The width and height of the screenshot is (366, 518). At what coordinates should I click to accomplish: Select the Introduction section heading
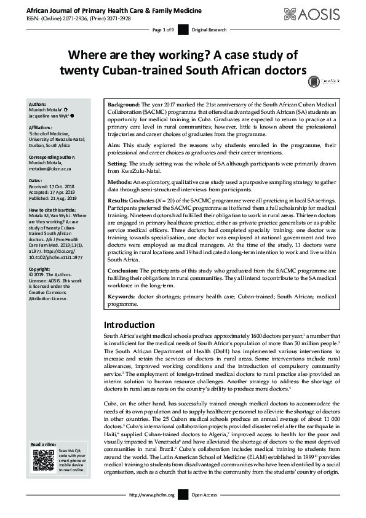tap(129, 324)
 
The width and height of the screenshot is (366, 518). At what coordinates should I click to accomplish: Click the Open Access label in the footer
tap(205, 511)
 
